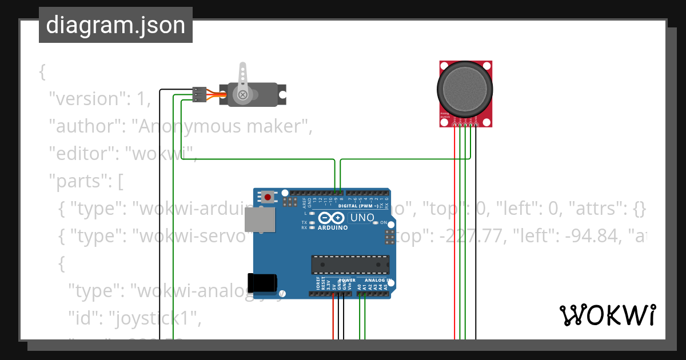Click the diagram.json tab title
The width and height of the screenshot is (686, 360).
[x=115, y=25]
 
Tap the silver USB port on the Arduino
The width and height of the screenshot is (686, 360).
[x=260, y=219]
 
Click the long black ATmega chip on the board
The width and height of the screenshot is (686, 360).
[x=350, y=265]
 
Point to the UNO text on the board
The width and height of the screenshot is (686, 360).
[x=362, y=218]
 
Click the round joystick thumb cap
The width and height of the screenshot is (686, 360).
[x=465, y=88]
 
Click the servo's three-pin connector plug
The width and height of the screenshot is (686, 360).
[x=199, y=94]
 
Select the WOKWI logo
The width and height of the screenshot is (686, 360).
[x=607, y=315]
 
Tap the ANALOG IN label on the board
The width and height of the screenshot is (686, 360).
[x=376, y=280]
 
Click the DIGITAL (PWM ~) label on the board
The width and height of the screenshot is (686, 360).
[x=359, y=206]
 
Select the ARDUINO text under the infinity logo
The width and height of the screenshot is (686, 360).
[x=332, y=227]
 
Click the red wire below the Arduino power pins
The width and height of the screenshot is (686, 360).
[x=333, y=320]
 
